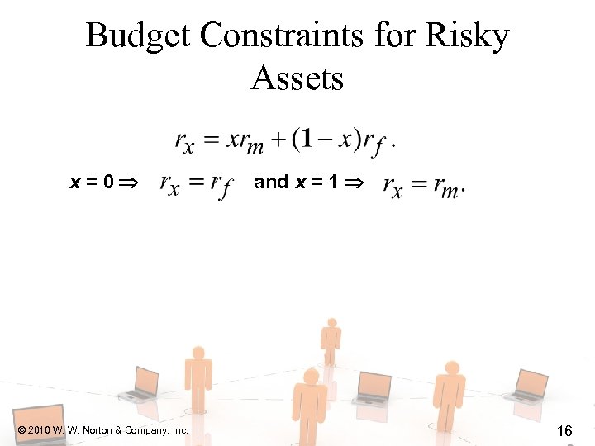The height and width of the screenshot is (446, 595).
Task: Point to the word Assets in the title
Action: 297,78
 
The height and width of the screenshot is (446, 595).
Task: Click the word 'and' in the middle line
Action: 271,182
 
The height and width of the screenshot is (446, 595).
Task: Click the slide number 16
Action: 565,430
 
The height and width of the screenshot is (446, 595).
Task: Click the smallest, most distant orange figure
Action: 331,339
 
